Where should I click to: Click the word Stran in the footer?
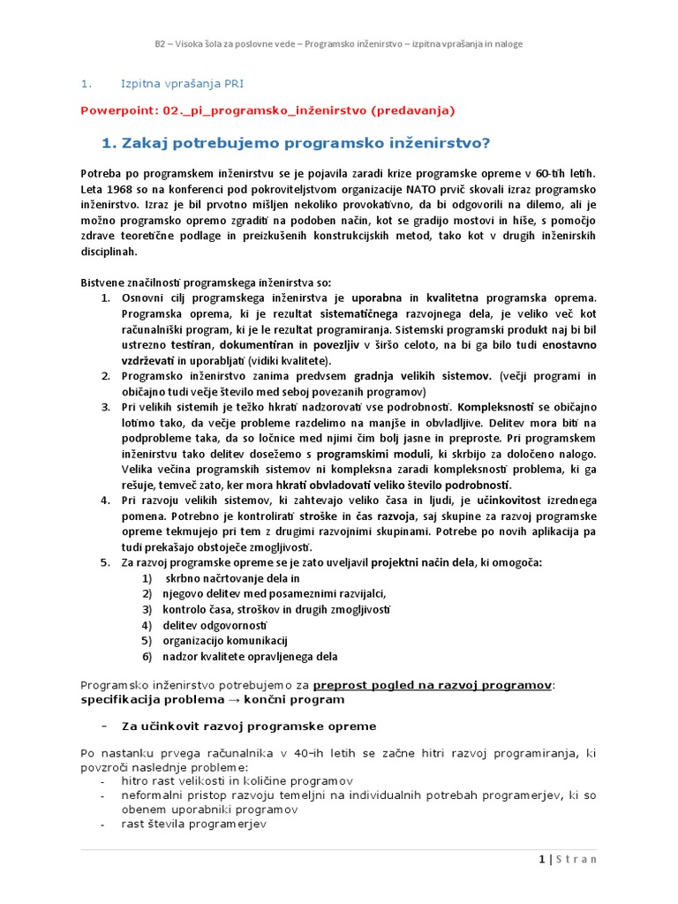point(576,859)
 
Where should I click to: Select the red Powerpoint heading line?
point(267,110)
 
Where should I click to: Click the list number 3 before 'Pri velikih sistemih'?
point(105,407)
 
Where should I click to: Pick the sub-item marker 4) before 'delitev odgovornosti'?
point(147,625)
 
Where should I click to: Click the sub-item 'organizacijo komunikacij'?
point(225,641)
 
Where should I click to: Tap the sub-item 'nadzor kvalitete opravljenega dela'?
point(250,657)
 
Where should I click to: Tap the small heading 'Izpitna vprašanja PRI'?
point(182,84)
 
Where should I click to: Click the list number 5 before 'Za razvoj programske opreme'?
point(105,562)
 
